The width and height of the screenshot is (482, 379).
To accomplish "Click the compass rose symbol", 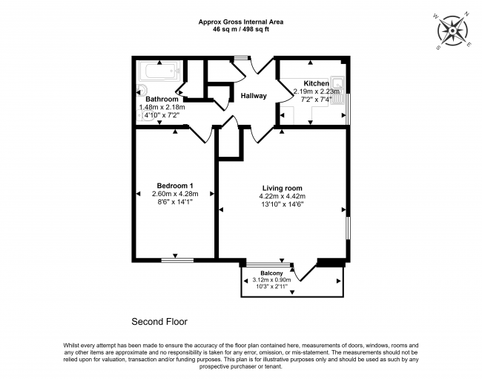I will [451, 30].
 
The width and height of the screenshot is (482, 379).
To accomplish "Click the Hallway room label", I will [252, 96].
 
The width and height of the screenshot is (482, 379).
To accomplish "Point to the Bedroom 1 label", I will [176, 185].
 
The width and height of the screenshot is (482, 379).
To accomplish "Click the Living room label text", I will [282, 187].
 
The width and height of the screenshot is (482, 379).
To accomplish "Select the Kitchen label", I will [316, 83].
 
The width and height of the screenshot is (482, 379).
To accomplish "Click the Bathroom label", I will [162, 99].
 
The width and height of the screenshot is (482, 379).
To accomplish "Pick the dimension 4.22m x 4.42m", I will [282, 196].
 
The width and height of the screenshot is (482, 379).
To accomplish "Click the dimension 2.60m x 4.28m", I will [176, 194].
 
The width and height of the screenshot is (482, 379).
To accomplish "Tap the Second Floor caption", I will [159, 322].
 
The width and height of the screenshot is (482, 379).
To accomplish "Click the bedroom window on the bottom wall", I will [177, 260].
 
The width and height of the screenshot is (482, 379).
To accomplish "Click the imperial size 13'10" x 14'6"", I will [282, 204].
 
